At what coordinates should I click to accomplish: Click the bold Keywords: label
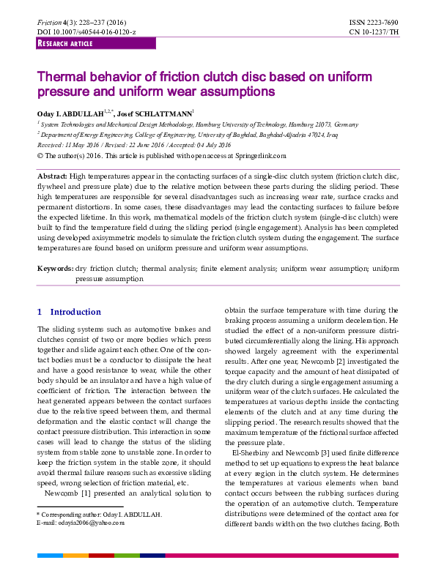[x=56, y=269]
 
